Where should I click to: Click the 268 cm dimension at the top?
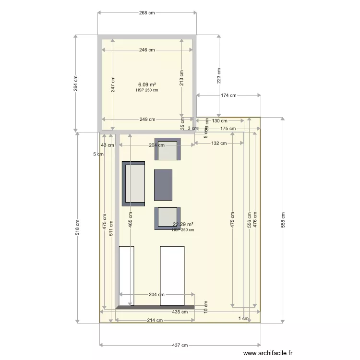tap(147, 13)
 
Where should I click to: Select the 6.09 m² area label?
tap(147, 84)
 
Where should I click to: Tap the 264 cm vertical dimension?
tap(75, 84)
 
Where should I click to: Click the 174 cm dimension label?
tap(228, 96)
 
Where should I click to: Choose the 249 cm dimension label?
tap(147, 120)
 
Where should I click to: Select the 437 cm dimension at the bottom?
tap(180, 345)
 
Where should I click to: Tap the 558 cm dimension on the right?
tap(283, 220)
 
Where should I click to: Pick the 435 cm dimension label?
tap(180, 312)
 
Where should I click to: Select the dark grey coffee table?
tap(163, 185)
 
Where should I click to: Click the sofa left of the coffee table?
tap(133, 184)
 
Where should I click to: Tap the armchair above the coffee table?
tap(168, 149)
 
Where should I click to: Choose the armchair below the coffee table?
tap(168, 218)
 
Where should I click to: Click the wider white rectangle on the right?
tap(172, 276)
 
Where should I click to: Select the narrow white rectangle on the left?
tap(127, 276)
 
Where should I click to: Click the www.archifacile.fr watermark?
tap(267, 353)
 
